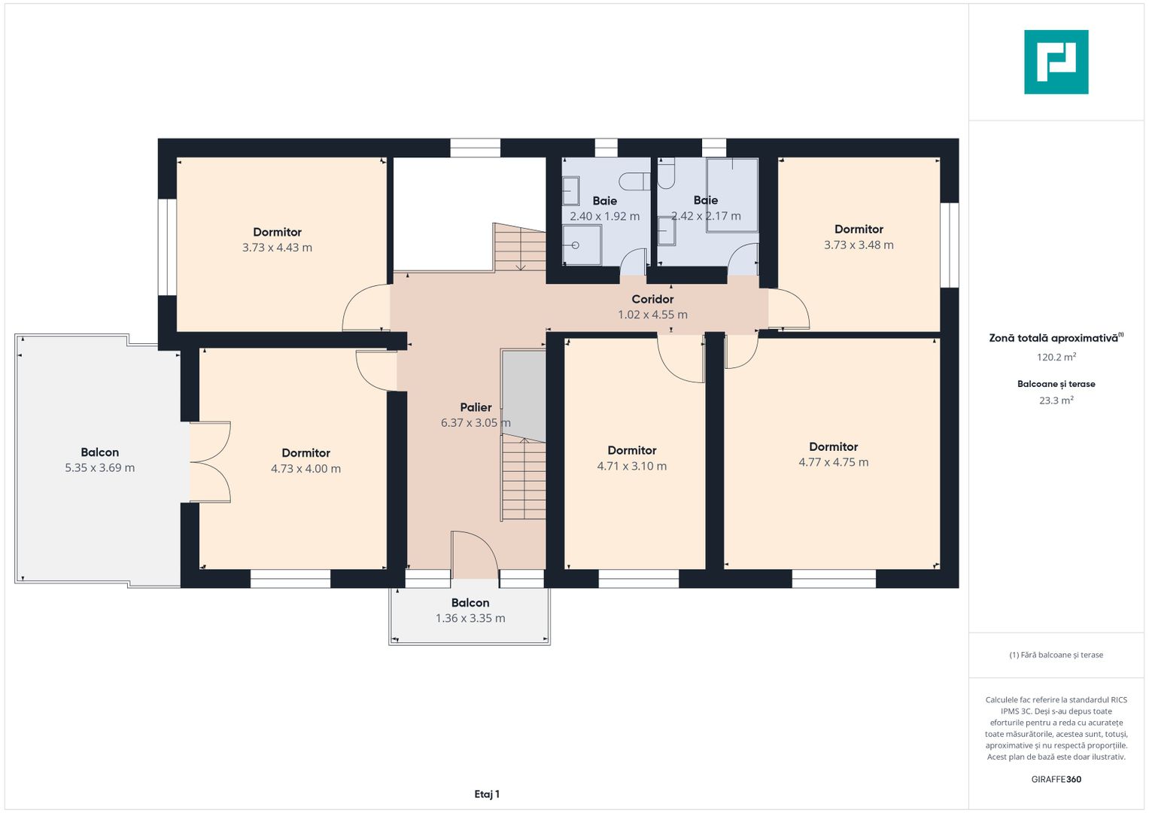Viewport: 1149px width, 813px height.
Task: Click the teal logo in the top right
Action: tap(1056, 62)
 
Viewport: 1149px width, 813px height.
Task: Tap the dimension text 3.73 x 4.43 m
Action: tap(277, 248)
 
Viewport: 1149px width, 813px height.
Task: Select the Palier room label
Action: tap(476, 407)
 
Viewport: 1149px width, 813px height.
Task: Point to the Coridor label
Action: tap(652, 299)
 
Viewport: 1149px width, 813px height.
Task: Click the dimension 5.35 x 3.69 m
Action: tap(99, 467)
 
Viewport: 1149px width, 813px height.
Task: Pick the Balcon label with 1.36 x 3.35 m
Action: tap(470, 602)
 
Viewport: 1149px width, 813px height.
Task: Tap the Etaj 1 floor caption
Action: tap(487, 794)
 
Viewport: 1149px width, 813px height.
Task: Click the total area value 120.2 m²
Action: tap(1056, 357)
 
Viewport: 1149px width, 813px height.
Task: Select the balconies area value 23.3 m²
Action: tap(1056, 400)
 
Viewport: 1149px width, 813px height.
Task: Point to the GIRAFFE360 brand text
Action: tap(1056, 779)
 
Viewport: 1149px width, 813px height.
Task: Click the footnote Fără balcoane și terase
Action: tap(1056, 655)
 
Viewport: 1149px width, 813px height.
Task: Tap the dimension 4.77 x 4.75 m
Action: tap(833, 462)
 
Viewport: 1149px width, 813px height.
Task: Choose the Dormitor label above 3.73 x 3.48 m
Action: tap(859, 229)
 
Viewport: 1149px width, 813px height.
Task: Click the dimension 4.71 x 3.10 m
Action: tap(631, 466)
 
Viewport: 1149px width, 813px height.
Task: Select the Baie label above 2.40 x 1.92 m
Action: tap(604, 201)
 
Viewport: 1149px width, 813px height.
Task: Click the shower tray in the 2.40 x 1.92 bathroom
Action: tap(582, 245)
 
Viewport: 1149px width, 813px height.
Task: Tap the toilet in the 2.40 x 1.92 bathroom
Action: tap(634, 181)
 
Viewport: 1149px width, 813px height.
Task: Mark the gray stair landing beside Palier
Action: tap(523, 394)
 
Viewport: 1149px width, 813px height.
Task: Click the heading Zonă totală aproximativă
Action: tap(1053, 338)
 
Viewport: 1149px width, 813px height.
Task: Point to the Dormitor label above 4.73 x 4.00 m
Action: tap(305, 452)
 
